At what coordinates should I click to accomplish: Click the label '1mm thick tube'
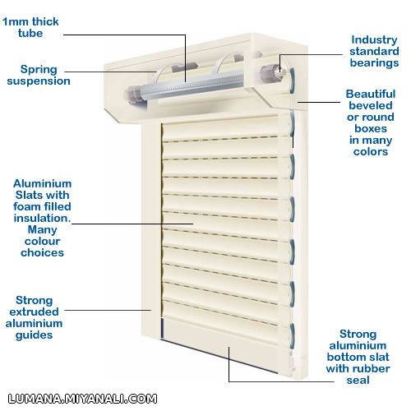(30, 27)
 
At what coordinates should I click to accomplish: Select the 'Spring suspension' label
(39, 75)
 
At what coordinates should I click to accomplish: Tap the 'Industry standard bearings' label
(374, 51)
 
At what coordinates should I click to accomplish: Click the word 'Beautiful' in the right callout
(371, 94)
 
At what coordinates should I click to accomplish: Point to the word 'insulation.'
(42, 218)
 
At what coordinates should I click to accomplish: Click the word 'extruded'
(34, 312)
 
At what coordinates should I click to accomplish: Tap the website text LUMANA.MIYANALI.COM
(82, 399)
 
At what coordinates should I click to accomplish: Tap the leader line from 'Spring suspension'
(110, 72)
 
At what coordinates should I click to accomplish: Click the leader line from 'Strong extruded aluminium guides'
(108, 310)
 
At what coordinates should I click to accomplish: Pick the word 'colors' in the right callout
(371, 151)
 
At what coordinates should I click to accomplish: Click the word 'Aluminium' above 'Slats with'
(42, 183)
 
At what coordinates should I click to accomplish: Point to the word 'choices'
(42, 252)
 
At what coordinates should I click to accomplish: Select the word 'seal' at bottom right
(358, 380)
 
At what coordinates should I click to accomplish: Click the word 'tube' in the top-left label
(30, 33)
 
